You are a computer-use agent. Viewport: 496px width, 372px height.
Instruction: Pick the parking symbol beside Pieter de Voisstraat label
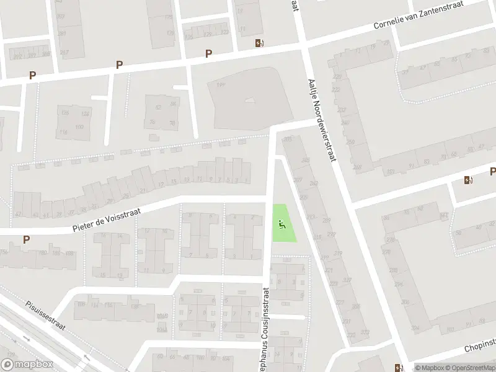tap(26, 239)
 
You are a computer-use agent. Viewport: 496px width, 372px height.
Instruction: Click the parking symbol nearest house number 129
tap(209, 54)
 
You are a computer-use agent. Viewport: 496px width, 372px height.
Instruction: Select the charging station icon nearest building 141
tap(259, 43)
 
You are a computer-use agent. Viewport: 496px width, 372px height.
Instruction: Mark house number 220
tap(337, 77)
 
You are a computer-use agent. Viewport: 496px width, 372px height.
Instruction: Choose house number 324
tap(414, 328)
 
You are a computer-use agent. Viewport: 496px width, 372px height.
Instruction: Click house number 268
tap(356, 167)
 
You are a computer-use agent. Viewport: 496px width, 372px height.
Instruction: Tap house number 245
tap(304, 161)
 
